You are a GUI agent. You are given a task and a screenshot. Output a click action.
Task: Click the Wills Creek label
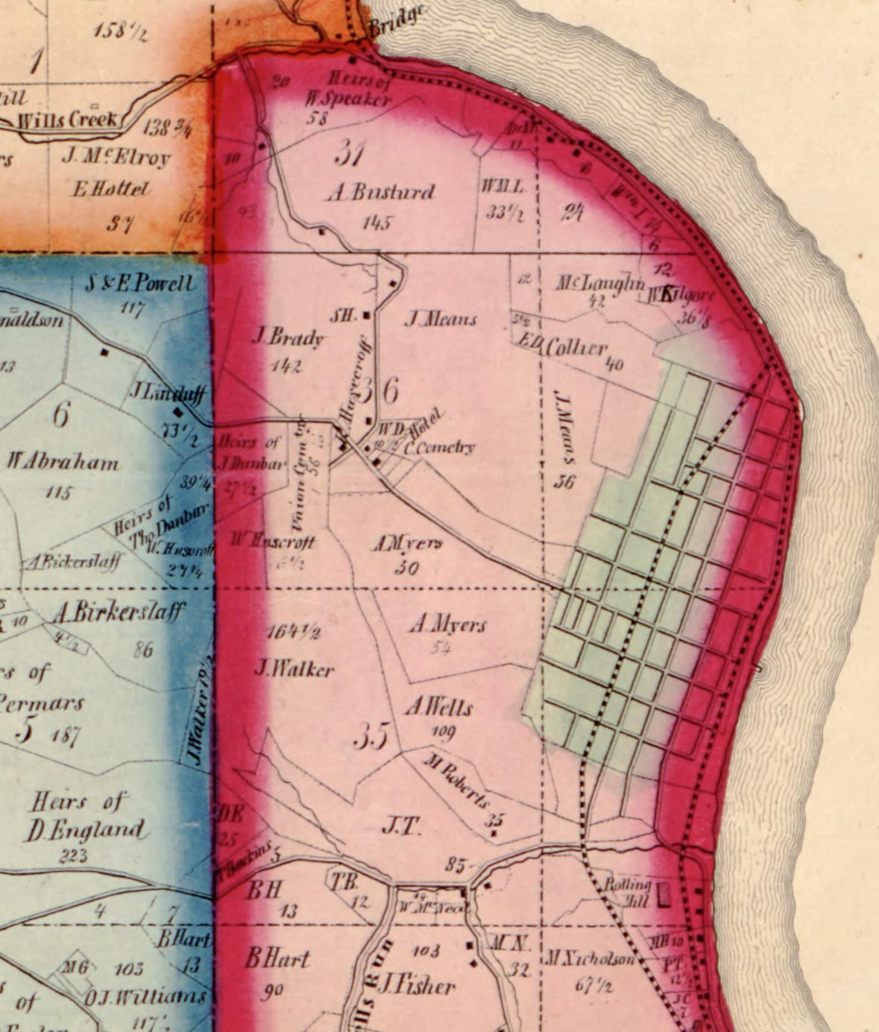(68, 120)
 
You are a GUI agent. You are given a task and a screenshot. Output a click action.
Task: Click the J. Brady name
(287, 337)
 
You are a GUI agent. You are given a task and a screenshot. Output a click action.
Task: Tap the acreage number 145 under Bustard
(378, 223)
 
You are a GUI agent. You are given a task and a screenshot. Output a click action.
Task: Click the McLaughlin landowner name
(600, 283)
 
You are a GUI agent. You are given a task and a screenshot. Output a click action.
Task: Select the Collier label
(576, 348)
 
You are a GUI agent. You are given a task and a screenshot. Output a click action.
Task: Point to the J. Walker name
(294, 670)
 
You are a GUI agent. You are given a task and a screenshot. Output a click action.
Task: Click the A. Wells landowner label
(439, 708)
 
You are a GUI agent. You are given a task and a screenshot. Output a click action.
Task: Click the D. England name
(87, 829)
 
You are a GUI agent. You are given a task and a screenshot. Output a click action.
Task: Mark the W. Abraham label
(63, 462)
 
